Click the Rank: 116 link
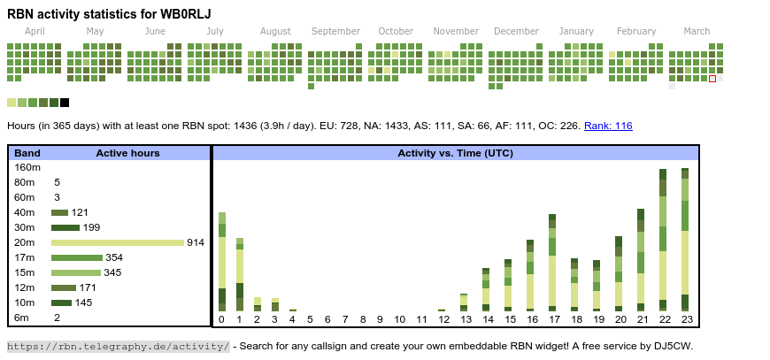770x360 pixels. pos(608,126)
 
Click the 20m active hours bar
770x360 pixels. pos(117,242)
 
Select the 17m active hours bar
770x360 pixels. pos(77,257)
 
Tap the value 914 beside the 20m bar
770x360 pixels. pos(196,242)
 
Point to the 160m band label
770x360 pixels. pos(27,167)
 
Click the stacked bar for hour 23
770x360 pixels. pos(685,239)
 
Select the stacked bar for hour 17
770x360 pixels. pos(552,262)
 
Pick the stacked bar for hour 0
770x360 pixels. pos(222,262)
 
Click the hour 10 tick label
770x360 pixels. pos(400,319)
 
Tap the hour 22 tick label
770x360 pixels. pos(664,319)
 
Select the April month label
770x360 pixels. pos(35,31)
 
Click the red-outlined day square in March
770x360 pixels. pos(712,79)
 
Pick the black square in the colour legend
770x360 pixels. pos(65,103)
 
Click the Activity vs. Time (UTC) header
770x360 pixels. pos(456,153)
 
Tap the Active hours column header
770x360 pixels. pos(127,153)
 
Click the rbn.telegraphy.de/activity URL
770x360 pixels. pos(119,346)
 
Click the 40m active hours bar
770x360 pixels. pos(59,212)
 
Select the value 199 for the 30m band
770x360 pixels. pos(91,227)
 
